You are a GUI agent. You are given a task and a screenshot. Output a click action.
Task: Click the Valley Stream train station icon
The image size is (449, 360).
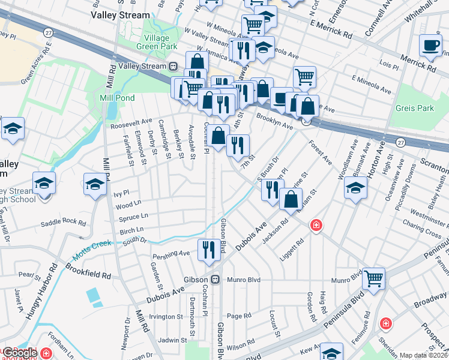[172, 66]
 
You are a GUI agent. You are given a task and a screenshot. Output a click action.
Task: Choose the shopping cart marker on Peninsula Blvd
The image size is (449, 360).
[373, 278]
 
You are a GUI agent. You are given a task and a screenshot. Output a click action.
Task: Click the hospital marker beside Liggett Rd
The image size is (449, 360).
[315, 226]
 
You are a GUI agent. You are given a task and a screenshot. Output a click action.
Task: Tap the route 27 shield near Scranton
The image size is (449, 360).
[401, 142]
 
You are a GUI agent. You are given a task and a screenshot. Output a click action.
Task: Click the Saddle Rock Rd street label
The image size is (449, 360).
[63, 223]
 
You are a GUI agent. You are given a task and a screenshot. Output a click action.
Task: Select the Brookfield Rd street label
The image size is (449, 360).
[88, 271]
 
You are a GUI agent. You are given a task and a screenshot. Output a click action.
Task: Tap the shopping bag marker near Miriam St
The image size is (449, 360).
[291, 200]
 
